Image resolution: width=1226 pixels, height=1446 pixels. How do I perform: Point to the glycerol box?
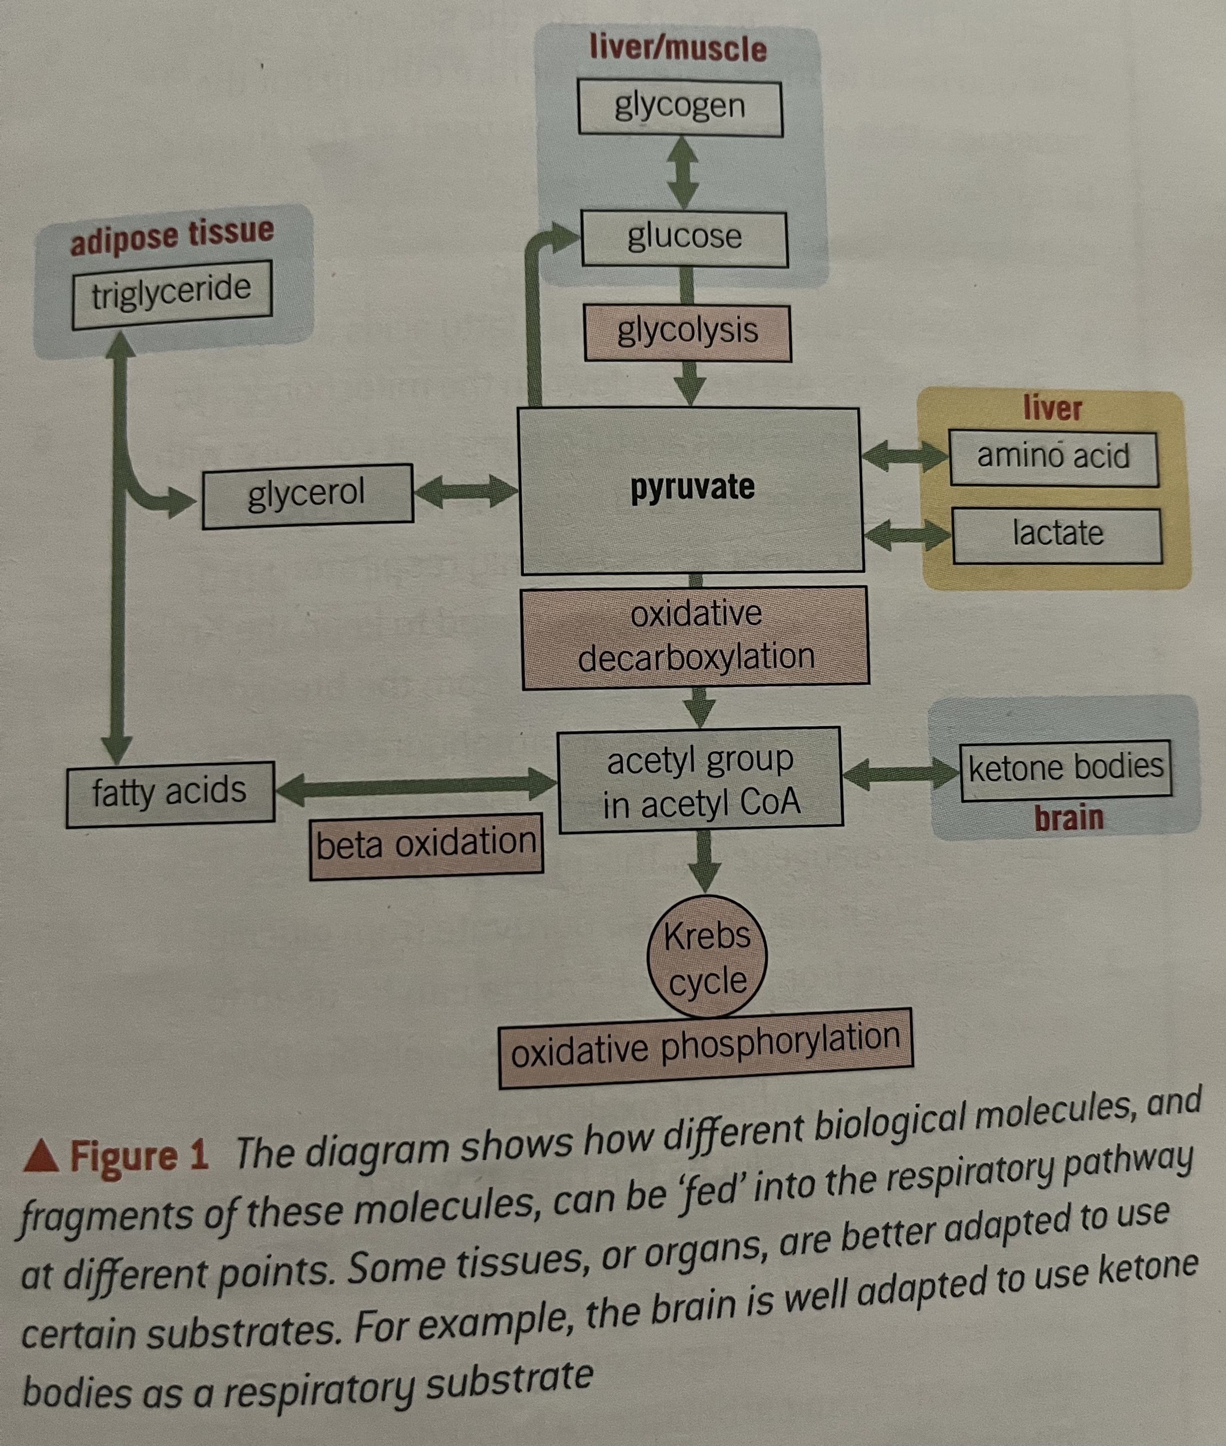tap(307, 495)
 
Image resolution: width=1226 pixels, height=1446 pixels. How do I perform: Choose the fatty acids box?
tap(170, 794)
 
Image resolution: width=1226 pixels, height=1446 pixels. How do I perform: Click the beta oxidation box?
tap(426, 846)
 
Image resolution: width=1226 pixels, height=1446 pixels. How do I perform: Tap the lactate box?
tap(1056, 535)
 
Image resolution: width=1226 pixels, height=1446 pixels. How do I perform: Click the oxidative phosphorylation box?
tap(705, 1048)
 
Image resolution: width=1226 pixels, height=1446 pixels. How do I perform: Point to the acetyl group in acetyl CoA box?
tap(701, 780)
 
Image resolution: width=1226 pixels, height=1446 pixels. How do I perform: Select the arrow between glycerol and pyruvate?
tap(466, 492)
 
